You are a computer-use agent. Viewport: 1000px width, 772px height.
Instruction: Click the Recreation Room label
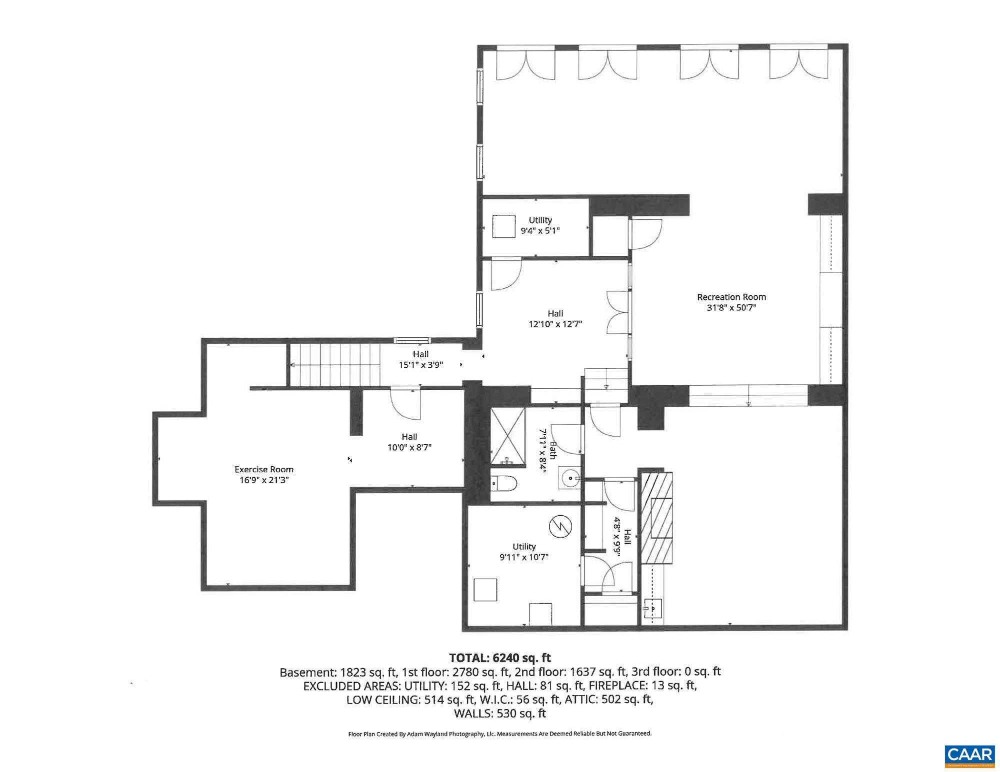(731, 297)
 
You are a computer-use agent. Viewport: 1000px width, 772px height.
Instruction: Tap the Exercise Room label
(264, 469)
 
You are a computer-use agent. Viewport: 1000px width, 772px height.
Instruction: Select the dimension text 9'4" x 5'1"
(540, 231)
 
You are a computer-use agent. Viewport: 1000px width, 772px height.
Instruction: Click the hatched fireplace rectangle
(657, 517)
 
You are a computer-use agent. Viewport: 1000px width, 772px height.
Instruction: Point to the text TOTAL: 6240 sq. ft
(499, 658)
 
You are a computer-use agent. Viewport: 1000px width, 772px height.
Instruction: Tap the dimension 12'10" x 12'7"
(555, 324)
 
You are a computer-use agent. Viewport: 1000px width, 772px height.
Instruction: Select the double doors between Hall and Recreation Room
(617, 313)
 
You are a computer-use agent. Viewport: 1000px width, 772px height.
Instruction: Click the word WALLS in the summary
(473, 714)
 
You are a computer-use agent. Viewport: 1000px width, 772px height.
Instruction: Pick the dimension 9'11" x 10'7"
(523, 557)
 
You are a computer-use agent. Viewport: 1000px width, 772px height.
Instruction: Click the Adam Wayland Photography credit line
(499, 734)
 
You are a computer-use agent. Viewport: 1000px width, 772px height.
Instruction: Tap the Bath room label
(553, 450)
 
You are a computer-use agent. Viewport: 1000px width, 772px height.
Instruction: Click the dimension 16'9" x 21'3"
(264, 480)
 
